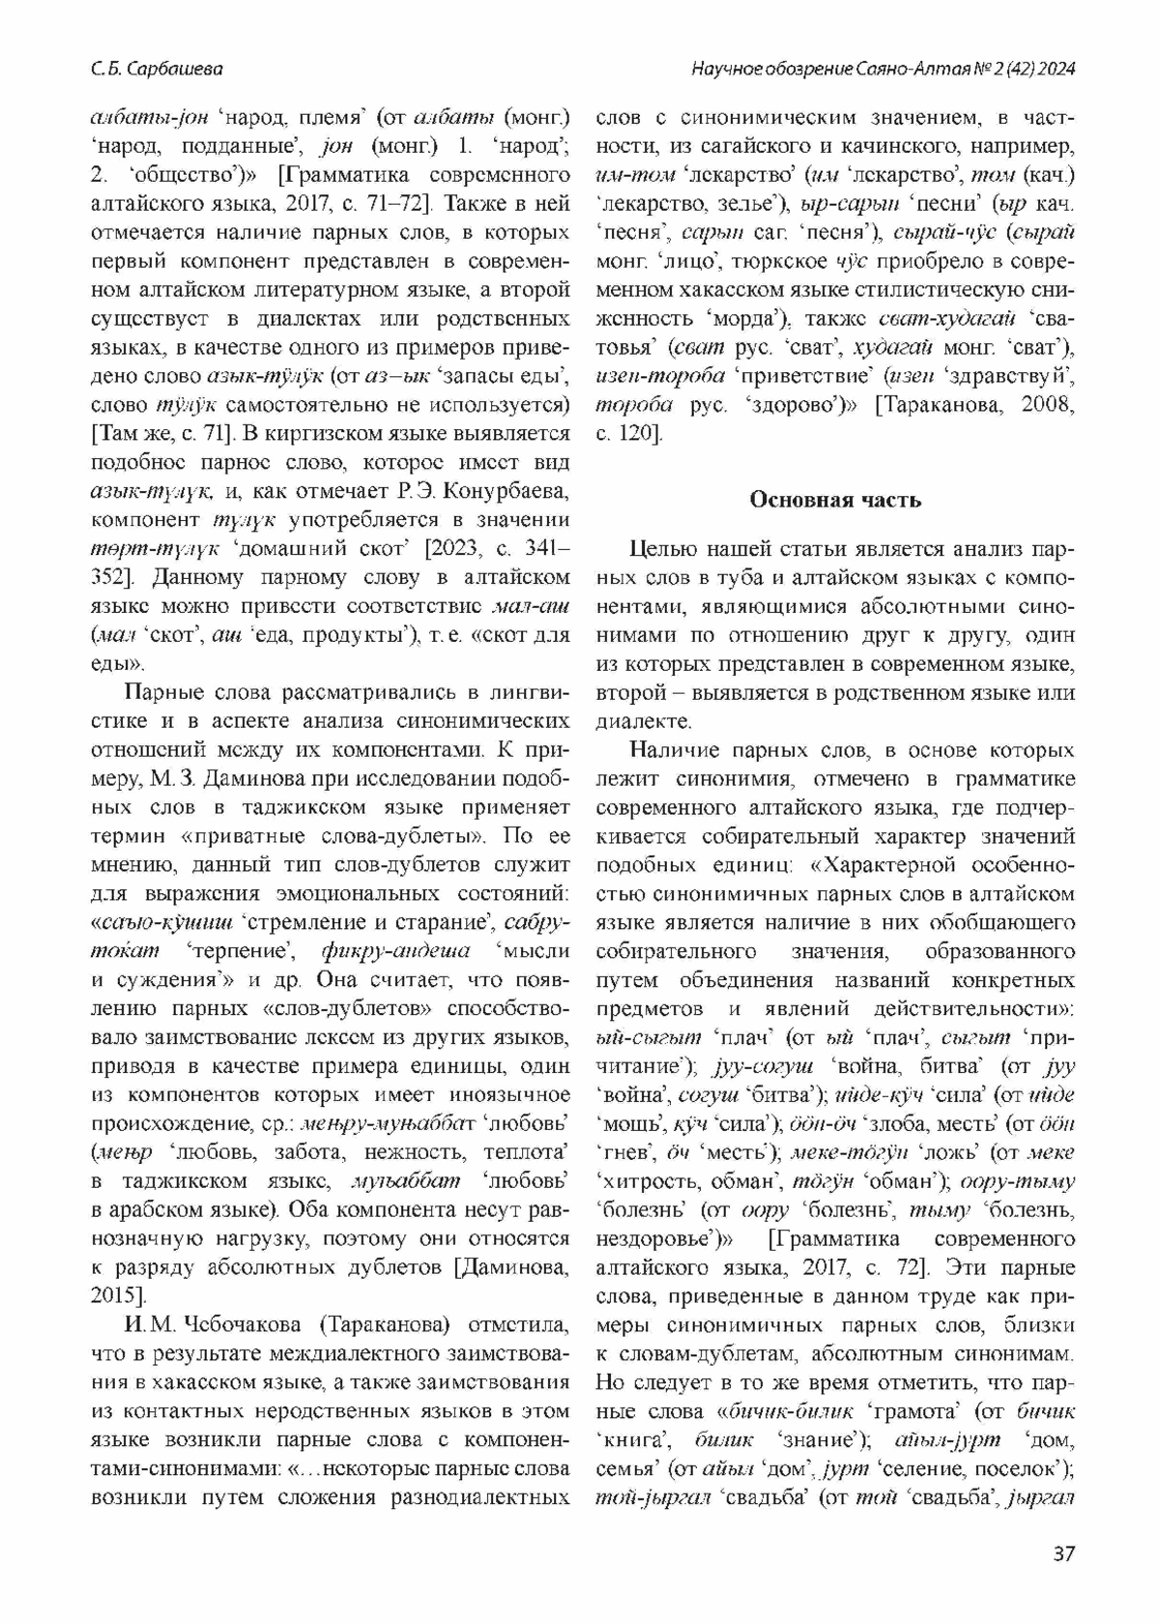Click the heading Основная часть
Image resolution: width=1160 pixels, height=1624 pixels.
pyautogui.click(x=836, y=500)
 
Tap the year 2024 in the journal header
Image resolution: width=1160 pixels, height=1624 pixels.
pyautogui.click(x=1057, y=70)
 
